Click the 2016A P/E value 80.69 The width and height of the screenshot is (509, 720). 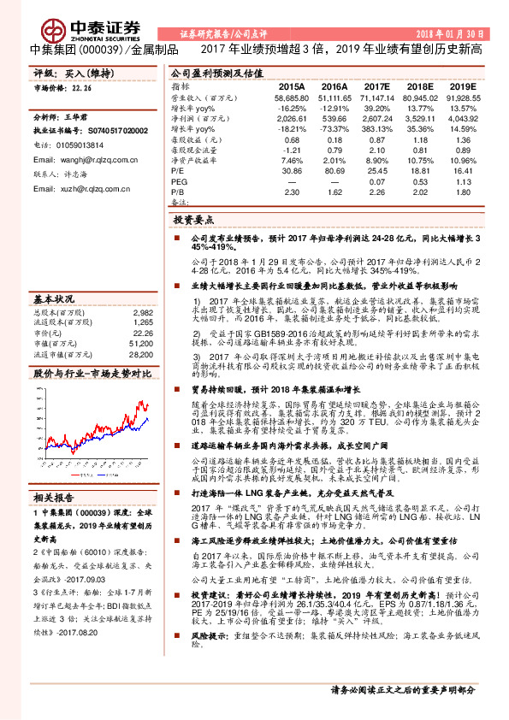pyautogui.click(x=328, y=172)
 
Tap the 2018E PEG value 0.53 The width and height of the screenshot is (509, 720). pyautogui.click(x=419, y=182)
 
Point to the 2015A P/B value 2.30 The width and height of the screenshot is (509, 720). pyautogui.click(x=291, y=192)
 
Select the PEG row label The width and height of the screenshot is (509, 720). pyautogui.click(x=179, y=182)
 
